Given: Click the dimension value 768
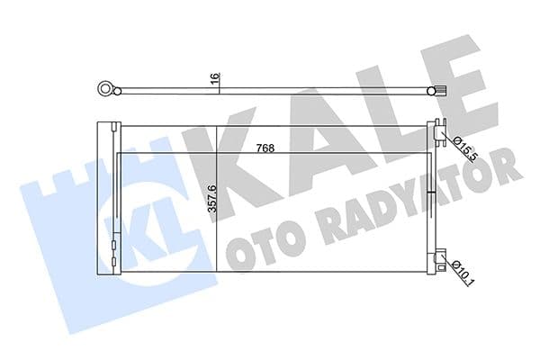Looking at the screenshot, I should click(x=264, y=148).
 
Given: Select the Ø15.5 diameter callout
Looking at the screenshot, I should click(x=459, y=145).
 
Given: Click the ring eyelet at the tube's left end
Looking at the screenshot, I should click(x=107, y=88).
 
